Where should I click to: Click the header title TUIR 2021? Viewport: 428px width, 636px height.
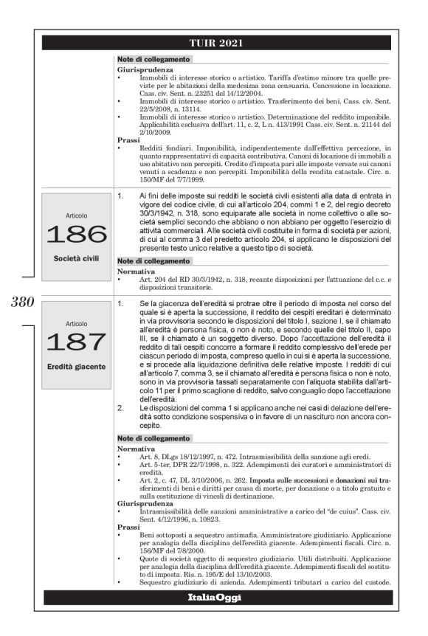pyautogui.click(x=214, y=43)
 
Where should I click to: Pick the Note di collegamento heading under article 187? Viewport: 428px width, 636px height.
pyautogui.click(x=147, y=438)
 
